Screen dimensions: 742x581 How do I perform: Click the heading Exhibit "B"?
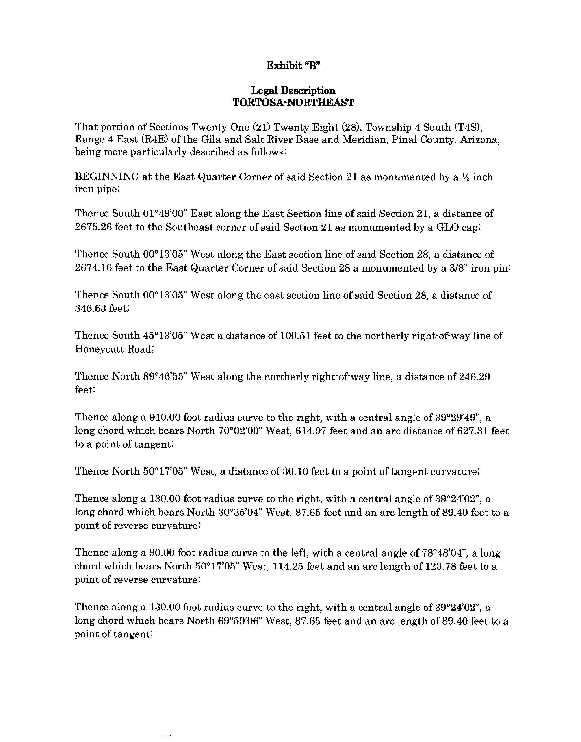[293, 66]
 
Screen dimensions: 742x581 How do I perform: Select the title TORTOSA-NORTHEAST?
[293, 102]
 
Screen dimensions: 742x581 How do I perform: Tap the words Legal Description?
[293, 91]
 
